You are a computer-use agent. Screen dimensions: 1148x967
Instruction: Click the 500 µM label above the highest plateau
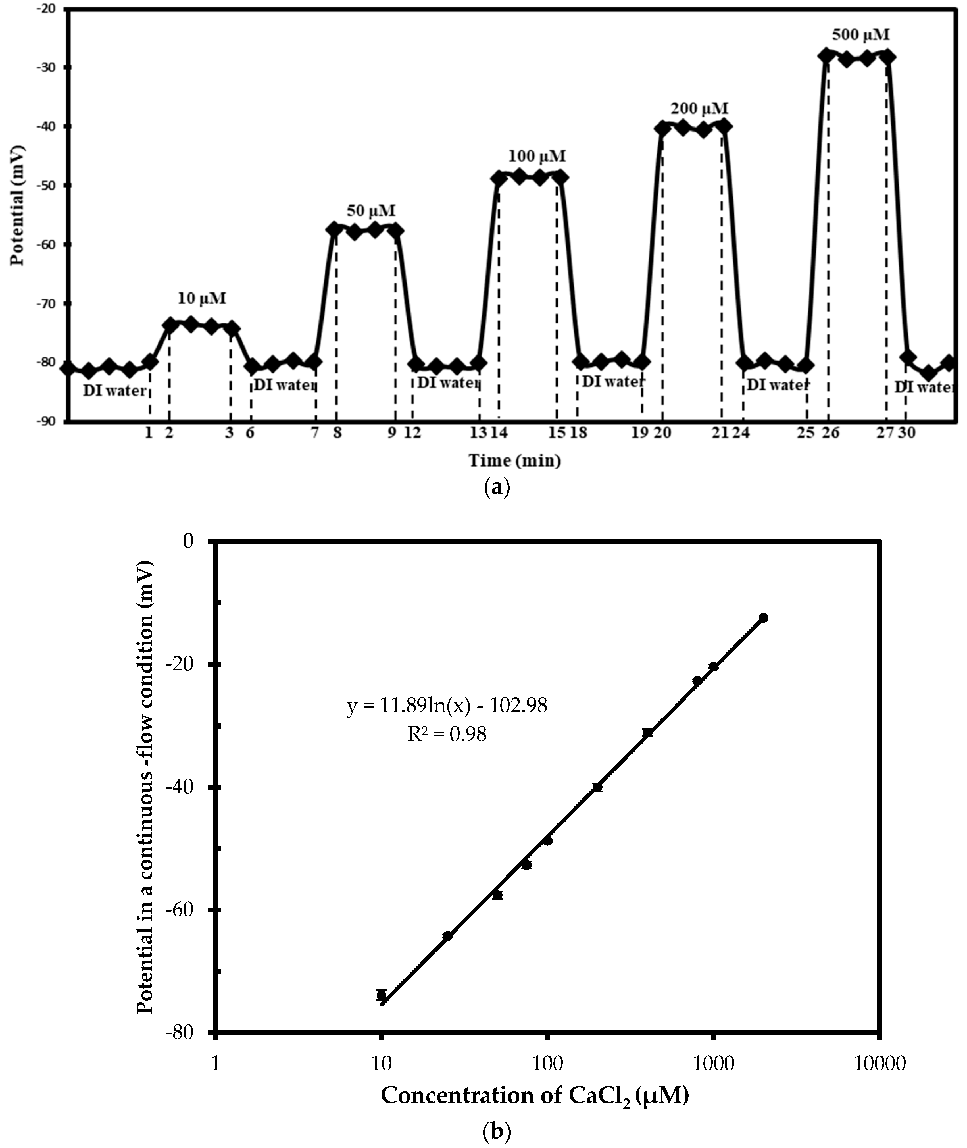coord(860,35)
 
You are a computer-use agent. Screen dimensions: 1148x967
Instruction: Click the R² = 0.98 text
coord(447,734)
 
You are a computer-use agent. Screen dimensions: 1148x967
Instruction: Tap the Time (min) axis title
coord(514,461)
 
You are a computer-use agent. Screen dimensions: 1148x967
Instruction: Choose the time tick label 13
coord(478,433)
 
